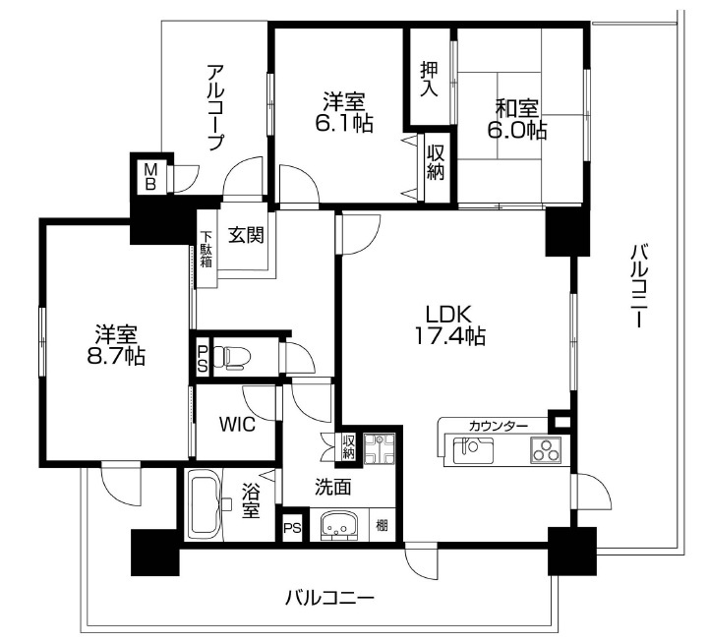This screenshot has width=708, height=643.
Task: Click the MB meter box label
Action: click(x=150, y=177)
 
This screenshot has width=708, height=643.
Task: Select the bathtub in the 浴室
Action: click(x=206, y=504)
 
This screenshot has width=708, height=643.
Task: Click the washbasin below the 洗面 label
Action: click(x=339, y=526)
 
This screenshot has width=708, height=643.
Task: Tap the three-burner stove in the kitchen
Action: click(x=547, y=450)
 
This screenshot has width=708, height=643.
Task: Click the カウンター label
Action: click(x=498, y=426)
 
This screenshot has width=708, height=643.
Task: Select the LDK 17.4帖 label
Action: click(x=448, y=325)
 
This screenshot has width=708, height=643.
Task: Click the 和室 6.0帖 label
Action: click(x=517, y=119)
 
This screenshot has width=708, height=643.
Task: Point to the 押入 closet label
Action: click(x=429, y=79)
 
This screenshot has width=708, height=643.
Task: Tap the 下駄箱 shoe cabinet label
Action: click(x=206, y=249)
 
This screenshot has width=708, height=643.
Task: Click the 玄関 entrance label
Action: click(x=246, y=234)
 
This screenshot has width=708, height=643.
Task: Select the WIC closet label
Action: click(x=237, y=425)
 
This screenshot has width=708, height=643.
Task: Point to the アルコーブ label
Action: click(x=215, y=108)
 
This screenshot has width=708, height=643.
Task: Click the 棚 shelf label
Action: click(x=383, y=526)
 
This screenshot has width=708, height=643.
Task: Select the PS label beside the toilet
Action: click(x=203, y=358)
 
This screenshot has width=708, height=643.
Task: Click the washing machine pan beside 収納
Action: click(x=380, y=449)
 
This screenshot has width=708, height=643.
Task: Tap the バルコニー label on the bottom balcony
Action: click(x=329, y=599)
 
